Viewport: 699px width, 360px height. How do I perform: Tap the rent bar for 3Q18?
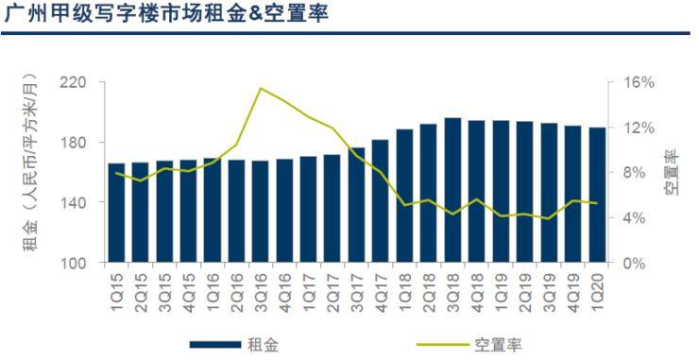[x=452, y=190]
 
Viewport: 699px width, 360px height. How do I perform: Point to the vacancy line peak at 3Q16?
[x=260, y=88]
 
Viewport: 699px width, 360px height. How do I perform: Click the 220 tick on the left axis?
[x=73, y=82]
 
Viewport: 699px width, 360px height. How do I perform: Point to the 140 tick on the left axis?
[x=73, y=202]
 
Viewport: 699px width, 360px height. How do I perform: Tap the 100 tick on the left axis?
[x=73, y=263]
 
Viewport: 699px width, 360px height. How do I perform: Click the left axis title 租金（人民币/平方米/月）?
[x=30, y=171]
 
